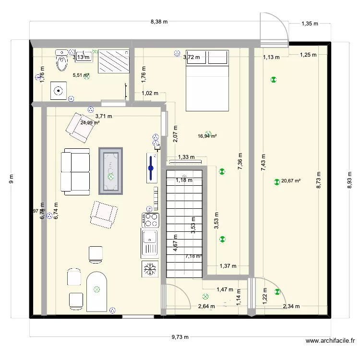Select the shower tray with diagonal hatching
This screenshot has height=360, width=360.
coord(114,61)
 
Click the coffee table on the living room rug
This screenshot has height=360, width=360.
coord(111,170)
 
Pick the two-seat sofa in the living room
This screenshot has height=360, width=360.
coord(76,172)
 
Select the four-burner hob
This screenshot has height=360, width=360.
coord(151,220)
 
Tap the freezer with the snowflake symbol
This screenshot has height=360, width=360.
coord(150,269)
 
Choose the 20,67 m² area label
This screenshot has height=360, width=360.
coord(291,181)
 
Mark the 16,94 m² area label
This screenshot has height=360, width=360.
coord(207,136)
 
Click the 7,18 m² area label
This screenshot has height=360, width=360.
coord(193,257)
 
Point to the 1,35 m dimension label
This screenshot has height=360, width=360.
coord(310,23)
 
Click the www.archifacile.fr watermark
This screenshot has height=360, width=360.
coord(330,341)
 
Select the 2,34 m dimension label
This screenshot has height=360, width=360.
coord(291,306)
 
